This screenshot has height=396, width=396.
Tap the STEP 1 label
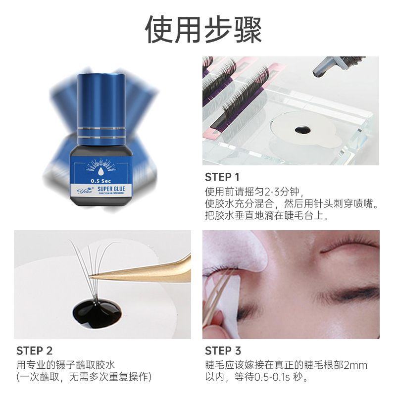coord(222,177)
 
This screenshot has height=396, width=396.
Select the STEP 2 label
coord(34,351)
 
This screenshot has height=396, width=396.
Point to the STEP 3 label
coord(223,351)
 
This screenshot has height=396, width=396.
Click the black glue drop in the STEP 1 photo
coord(300,130)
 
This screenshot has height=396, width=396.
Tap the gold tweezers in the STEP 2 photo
coord(148,267)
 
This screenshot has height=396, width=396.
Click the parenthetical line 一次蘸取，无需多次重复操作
coord(84,377)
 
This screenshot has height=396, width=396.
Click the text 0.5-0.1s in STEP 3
coord(270,378)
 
